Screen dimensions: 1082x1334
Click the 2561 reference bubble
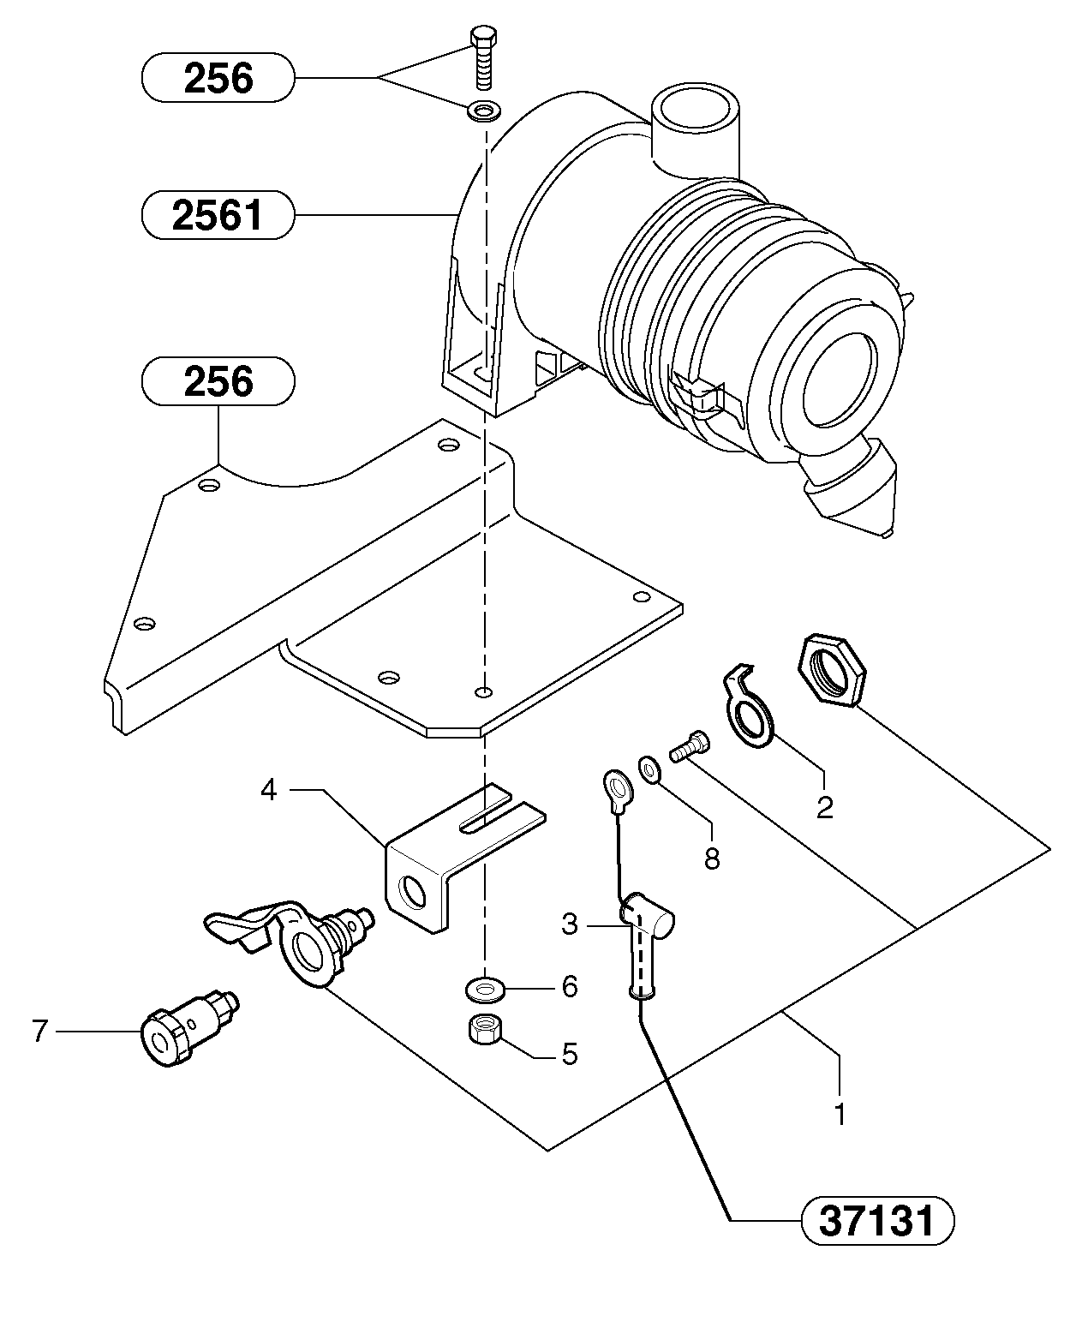[x=218, y=214]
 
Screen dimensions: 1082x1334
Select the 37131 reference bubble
[x=877, y=1220]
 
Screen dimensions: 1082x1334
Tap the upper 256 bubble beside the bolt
[x=218, y=78]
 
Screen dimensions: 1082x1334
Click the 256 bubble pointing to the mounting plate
[x=218, y=381]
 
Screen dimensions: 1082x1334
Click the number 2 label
[x=824, y=806]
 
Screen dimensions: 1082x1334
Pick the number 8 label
[x=712, y=858]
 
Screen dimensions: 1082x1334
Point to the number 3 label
[x=570, y=924]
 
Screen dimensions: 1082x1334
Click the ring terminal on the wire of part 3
[x=616, y=787]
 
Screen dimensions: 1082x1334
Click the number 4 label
[x=269, y=790]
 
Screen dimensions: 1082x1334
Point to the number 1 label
[x=840, y=1114]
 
